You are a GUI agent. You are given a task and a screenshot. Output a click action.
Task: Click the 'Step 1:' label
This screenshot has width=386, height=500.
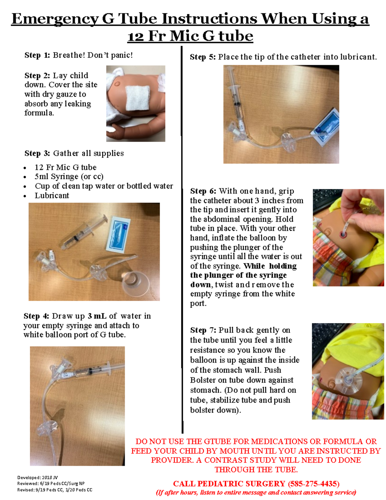[x=37, y=55]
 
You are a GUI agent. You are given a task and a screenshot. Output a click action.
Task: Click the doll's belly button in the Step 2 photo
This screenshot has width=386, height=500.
[x=117, y=84]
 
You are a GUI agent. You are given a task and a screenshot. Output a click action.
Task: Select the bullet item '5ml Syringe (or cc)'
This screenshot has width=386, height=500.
[x=69, y=176]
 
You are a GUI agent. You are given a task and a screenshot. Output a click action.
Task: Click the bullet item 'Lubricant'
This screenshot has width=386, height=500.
[x=52, y=195]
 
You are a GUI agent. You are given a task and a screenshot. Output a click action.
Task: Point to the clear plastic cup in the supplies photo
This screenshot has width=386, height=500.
[x=134, y=282]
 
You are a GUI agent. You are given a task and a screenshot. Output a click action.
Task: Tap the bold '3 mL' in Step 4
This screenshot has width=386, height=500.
[x=97, y=316]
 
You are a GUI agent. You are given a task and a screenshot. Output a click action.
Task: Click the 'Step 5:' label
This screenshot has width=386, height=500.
[x=203, y=57]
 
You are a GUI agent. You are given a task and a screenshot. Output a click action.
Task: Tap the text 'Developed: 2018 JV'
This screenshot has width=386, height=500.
[x=38, y=477]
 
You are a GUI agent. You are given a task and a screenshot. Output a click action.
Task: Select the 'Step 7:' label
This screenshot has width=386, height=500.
[x=203, y=330]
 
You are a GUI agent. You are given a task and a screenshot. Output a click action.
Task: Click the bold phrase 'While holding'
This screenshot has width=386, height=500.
[x=270, y=266]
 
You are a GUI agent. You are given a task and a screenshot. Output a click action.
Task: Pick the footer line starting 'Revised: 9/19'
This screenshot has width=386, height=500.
[x=55, y=490]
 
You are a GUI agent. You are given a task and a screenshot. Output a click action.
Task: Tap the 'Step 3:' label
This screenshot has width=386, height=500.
[x=37, y=153]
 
